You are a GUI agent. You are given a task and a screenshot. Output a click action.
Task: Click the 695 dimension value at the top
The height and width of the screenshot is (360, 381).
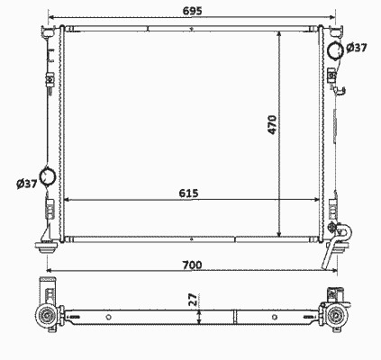click(x=193, y=11)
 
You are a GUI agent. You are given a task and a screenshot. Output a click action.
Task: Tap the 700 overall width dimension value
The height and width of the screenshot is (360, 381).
click(x=192, y=265)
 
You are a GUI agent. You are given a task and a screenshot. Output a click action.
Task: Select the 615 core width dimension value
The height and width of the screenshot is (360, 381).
click(x=189, y=193)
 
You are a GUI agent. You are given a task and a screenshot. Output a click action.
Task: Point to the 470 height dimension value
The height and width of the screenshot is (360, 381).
click(x=272, y=124)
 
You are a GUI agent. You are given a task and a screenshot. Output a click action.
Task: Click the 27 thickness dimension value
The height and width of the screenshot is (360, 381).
click(x=194, y=300)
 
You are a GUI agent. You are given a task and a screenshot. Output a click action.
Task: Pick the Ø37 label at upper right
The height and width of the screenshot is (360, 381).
click(x=357, y=48)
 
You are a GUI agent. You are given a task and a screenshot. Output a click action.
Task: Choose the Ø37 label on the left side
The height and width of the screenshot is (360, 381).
click(x=27, y=184)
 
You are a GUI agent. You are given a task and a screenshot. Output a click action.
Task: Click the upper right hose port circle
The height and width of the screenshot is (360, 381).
click(x=335, y=50)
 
